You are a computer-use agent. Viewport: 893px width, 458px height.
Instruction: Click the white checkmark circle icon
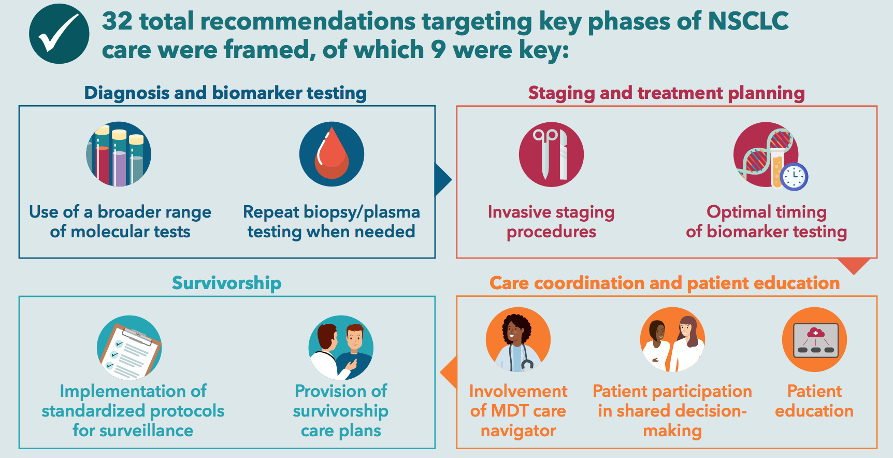tap(59, 34)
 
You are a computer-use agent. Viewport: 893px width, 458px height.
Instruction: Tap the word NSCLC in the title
tap(748, 22)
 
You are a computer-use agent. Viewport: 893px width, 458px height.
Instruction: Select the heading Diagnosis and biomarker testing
tap(225, 93)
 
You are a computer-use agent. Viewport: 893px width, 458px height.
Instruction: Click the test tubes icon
tap(119, 154)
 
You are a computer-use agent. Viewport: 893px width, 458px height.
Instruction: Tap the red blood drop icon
tap(332, 154)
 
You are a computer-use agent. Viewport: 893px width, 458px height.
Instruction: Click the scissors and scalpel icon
tap(551, 154)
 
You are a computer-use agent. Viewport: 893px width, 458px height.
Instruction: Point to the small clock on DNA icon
tap(794, 177)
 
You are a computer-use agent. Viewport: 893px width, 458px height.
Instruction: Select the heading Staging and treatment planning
tap(666, 93)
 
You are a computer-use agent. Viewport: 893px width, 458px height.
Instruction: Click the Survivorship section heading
tap(226, 283)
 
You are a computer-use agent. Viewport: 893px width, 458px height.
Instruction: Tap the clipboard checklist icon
tap(129, 348)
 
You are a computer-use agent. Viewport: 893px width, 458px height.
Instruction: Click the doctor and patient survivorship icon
tap(341, 348)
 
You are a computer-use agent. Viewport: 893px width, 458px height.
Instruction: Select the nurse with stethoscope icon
tap(518, 339)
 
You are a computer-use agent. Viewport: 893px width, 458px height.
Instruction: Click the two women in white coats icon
tap(672, 339)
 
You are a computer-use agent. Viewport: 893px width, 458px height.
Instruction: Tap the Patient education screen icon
tap(814, 339)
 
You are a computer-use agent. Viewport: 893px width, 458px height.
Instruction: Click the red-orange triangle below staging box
tap(854, 265)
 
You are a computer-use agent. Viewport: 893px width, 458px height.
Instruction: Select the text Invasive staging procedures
tap(551, 222)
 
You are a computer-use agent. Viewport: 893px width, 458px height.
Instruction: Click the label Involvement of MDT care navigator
tap(518, 411)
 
